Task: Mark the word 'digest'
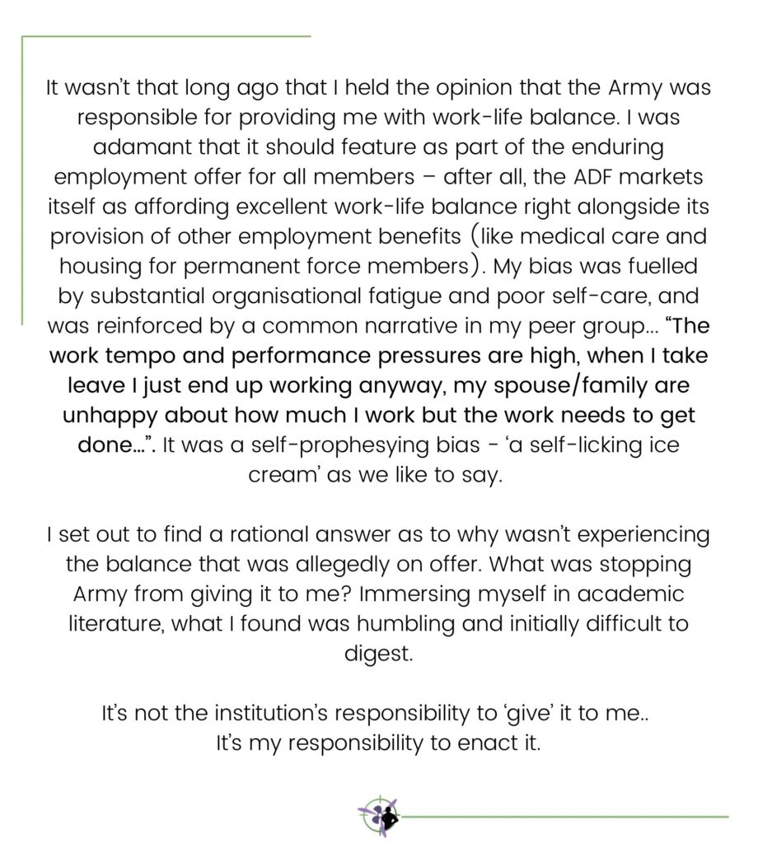[378, 653]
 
